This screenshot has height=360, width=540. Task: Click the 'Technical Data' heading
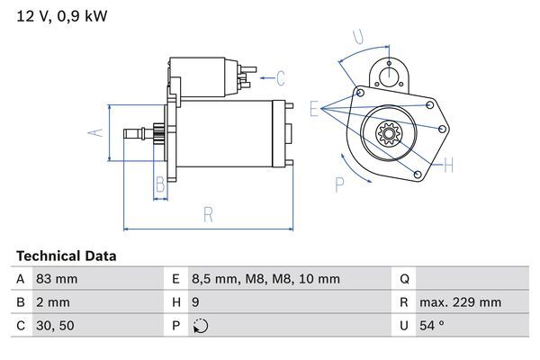coord(66,256)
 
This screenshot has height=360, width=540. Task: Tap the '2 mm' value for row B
coord(52,302)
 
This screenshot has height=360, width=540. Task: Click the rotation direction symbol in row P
coord(199,326)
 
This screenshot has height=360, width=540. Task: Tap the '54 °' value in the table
coord(434,326)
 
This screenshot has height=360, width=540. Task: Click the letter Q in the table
coord(405,279)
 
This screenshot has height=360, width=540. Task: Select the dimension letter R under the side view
coord(208,215)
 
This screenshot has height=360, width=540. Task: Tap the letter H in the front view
coord(447,165)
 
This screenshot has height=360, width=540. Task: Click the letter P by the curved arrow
coord(339,184)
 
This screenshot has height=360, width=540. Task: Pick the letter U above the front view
coord(357,37)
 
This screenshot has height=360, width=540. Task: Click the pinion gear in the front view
coord(390,136)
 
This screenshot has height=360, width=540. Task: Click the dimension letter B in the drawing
coord(159,185)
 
